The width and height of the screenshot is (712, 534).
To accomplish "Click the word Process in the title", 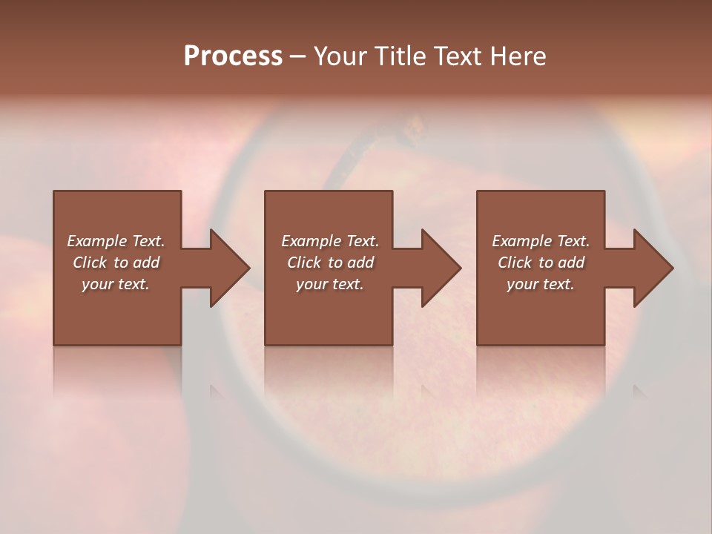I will coord(233,56).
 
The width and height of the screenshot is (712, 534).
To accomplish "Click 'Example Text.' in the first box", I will coord(116,241).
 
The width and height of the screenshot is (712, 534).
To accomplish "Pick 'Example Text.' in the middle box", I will coord(330,241).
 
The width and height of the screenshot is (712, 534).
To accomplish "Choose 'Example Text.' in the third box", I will coord(541,241).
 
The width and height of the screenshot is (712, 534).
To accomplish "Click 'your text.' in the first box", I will coord(116,284).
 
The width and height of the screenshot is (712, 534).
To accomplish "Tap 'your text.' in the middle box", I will coord(330,284).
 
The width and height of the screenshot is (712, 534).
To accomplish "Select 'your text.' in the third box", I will coord(541,284).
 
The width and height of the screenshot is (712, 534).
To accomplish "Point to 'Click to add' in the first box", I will coord(116,263).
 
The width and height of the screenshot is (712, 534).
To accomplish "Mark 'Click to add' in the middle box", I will coord(330,263).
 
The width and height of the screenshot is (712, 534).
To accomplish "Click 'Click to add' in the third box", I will coord(541,263).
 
